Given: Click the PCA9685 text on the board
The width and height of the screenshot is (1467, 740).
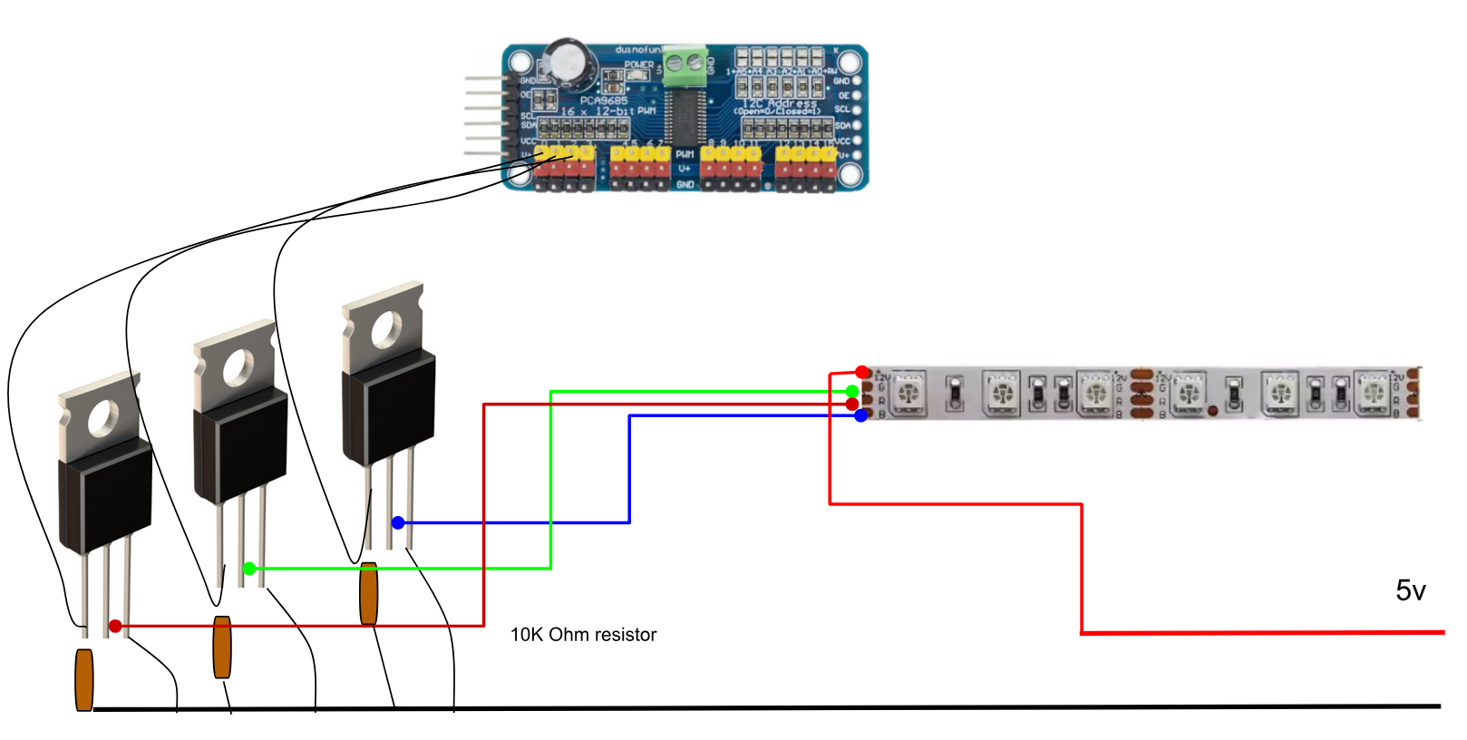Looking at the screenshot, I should coord(604,100).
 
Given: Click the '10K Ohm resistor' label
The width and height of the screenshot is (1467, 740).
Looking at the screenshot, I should coord(583,635).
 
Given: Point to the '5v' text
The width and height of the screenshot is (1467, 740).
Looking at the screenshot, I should coord(1411,591).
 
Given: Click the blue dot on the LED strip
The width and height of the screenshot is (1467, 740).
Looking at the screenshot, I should coord(860,415).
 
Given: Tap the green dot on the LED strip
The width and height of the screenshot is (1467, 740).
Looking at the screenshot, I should coord(852,392).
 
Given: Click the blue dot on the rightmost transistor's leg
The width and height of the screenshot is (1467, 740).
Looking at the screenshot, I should coord(398,523).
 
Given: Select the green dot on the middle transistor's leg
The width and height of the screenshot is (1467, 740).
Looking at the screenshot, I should coord(249,569).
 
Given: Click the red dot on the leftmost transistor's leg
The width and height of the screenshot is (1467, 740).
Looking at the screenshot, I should coord(115,626).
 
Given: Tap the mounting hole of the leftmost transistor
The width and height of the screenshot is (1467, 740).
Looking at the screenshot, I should coord(103,415).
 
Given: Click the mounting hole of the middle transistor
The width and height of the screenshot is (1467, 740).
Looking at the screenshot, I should coord(238,367).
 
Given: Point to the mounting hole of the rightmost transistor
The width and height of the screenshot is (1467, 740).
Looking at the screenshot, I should coord(386,328).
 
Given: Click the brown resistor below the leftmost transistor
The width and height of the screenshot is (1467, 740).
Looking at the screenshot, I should coord(83,679).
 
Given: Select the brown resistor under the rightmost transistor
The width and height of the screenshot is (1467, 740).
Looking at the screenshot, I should coord(368,593).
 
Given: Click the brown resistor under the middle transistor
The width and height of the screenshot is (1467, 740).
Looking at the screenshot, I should coord(222,647).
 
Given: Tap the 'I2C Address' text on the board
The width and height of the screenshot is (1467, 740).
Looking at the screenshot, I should coord(780,103).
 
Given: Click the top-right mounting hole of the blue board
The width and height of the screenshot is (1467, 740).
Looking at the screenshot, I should coord(850,62).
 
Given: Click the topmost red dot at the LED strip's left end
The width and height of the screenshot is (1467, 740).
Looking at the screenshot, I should coord(861,372).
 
